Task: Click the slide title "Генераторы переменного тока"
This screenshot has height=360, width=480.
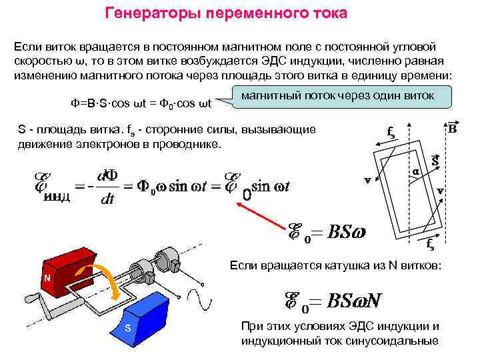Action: coord(227,13)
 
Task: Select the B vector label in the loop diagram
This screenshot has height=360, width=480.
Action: coord(452,128)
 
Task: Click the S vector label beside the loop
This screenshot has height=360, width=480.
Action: coord(434,161)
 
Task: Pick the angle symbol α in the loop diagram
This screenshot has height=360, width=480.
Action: coord(415,171)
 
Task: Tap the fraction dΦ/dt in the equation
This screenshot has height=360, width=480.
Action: coord(107,187)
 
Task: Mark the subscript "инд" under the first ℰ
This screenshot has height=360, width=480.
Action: coord(57,197)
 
